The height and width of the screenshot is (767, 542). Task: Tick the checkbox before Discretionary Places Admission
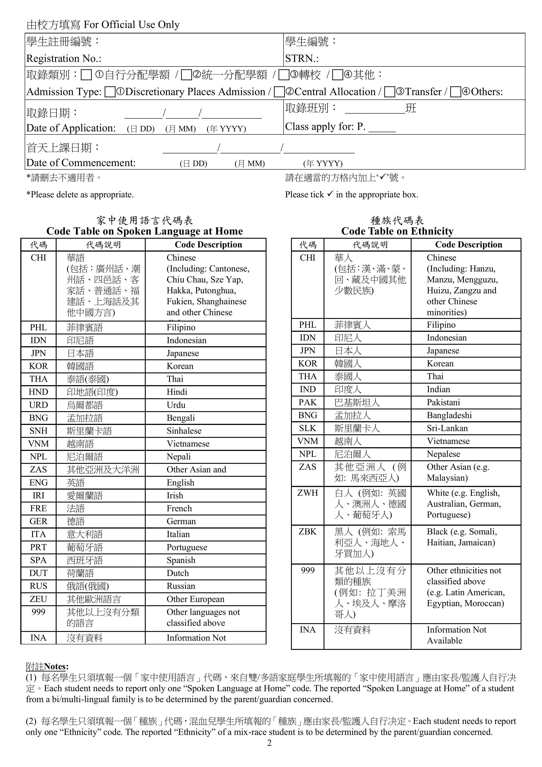[110, 92]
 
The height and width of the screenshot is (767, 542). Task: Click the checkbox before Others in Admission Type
[455, 92]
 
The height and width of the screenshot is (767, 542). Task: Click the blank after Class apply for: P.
[382, 127]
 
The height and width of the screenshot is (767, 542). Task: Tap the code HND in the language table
[38, 392]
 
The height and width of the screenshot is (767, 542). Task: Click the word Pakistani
[443, 403]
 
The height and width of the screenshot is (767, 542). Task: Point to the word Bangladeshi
[449, 416]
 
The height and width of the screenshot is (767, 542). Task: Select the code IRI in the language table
[38, 496]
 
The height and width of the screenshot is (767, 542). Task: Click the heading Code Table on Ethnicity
[397, 231]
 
